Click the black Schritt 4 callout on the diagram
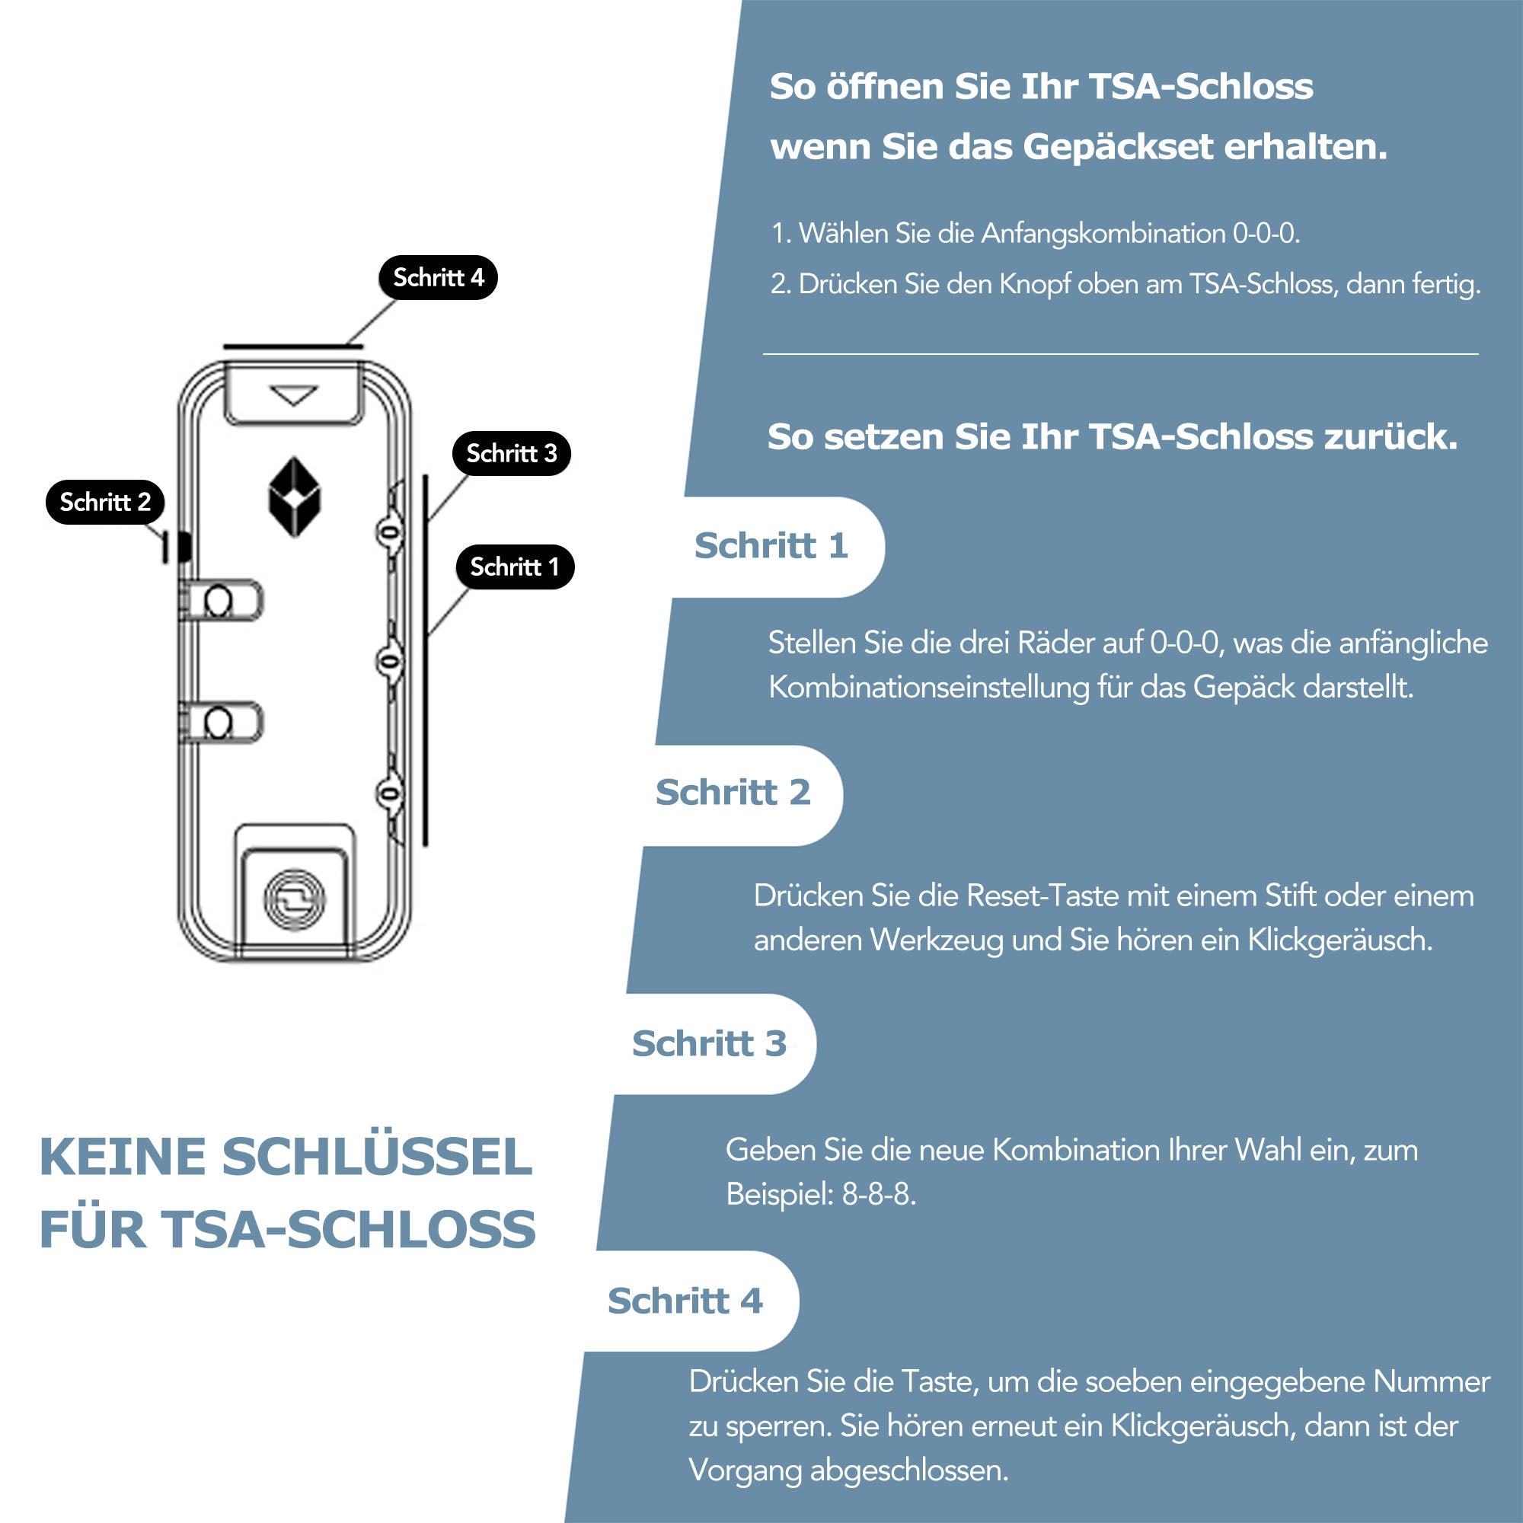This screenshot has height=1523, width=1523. tap(438, 277)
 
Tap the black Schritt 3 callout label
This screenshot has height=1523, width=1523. tap(512, 453)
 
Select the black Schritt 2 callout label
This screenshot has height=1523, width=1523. tap(105, 502)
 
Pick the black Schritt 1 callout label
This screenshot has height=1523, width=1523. tap(515, 567)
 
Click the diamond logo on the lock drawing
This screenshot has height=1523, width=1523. tap(295, 497)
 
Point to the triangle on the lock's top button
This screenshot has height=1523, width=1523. tap(293, 395)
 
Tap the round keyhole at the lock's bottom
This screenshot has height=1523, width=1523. tap(294, 900)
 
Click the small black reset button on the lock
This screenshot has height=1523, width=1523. tap(184, 546)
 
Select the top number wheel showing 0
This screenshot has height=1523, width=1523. tap(389, 533)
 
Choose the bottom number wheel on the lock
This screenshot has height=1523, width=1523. tap(389, 793)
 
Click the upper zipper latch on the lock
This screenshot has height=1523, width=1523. tap(222, 601)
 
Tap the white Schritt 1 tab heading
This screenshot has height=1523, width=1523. tap(770, 545)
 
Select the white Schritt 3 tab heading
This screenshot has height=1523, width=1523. tap(709, 1044)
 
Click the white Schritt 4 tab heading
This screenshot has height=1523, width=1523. tap(685, 1301)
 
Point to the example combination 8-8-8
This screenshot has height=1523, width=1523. tap(878, 1194)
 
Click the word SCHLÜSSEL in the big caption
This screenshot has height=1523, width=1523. tap(377, 1157)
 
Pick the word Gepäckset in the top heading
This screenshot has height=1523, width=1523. tap(1118, 148)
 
